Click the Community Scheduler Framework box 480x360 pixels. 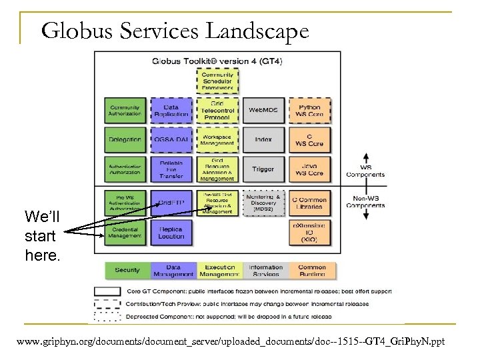pos(217,81)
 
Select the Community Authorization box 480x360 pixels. pos(125,110)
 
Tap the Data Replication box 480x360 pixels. pos(171,110)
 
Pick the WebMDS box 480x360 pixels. pos(263,109)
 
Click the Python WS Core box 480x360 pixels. pos(309,110)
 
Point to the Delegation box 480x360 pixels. pos(125,139)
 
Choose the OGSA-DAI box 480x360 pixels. pos(171,139)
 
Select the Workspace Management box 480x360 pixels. pos(217,139)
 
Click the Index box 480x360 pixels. pos(263,139)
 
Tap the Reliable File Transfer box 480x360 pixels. pos(171,169)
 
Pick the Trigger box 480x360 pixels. pos(263,169)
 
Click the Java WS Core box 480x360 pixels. pos(309,169)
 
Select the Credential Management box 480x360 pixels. pos(125,232)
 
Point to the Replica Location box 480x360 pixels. pos(171,232)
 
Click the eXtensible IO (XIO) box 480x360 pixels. pos(309,232)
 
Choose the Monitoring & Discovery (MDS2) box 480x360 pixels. pos(263,203)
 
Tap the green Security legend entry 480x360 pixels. pos(127,270)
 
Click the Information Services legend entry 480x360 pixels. pos(266,270)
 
